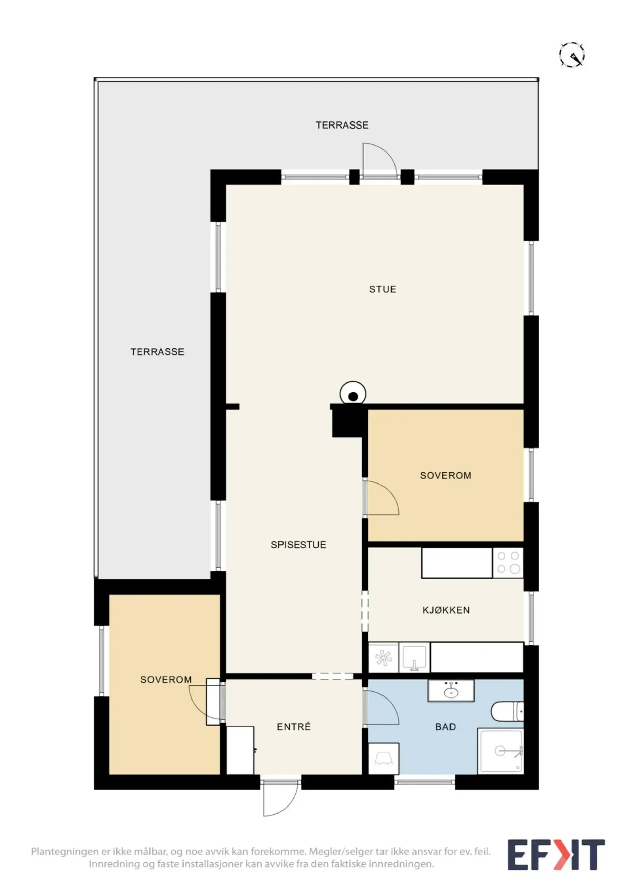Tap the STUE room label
click(382, 289)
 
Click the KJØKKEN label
click(446, 610)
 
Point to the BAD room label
click(445, 727)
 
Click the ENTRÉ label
click(294, 727)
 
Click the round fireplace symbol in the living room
click(353, 394)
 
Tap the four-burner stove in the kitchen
click(508, 563)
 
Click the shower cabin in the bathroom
click(500, 751)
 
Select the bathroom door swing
click(381, 707)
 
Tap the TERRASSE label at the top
click(342, 125)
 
